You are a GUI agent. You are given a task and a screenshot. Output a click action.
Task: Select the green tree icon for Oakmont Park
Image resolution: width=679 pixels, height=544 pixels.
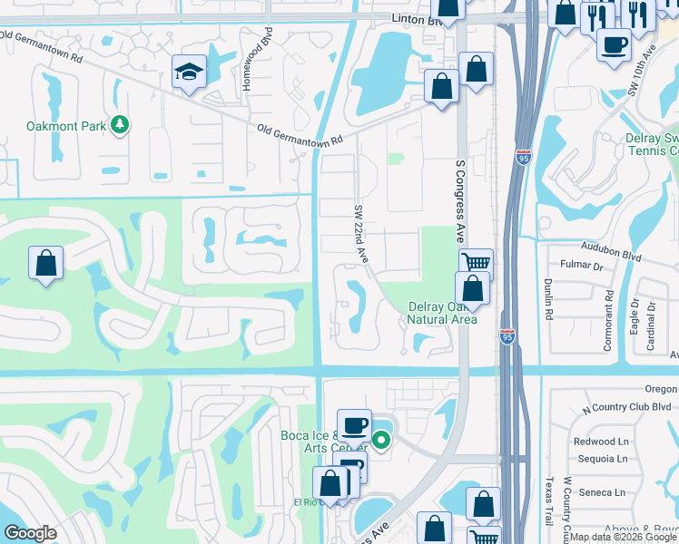pyautogui.click(x=119, y=125)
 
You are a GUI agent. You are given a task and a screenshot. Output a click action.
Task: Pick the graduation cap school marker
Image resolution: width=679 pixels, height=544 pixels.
pyautogui.click(x=190, y=72)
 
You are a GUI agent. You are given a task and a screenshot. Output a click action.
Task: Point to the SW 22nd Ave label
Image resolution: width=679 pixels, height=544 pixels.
pyautogui.click(x=361, y=234)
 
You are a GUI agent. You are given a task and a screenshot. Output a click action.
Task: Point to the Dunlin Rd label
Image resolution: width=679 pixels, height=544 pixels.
pyautogui.click(x=550, y=299)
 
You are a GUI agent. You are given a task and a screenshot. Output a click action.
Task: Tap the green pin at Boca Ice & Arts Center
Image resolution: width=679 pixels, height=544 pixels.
pyautogui.click(x=382, y=442)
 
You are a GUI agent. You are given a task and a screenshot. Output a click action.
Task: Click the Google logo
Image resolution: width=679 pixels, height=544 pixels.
pyautogui.click(x=30, y=533)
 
